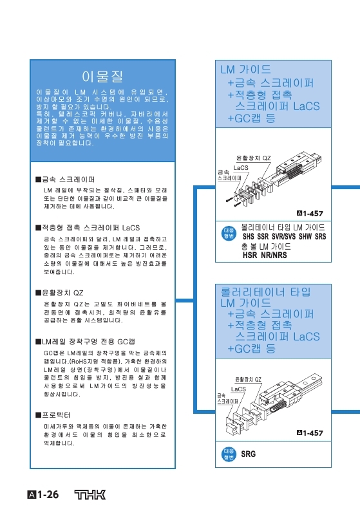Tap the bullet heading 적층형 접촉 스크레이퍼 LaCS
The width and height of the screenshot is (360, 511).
click(90, 227)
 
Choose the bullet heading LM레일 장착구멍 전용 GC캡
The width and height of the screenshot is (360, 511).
click(88, 340)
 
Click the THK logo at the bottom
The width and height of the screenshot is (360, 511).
click(88, 495)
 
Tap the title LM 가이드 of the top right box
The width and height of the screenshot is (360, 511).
click(245, 69)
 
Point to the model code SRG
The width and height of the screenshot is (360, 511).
click(248, 454)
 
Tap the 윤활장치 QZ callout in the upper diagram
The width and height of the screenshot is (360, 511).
click(254, 158)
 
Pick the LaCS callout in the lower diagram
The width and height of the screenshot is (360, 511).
click(238, 389)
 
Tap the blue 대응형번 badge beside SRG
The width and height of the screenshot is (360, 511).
click(228, 454)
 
